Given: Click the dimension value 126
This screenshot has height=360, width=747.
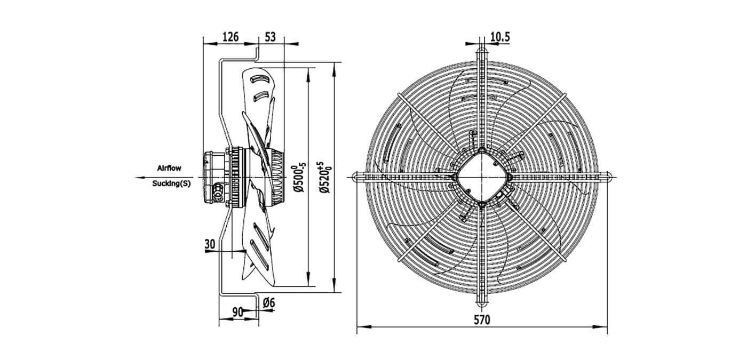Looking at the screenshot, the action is (231, 37).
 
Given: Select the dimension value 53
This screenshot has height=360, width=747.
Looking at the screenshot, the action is (270, 37).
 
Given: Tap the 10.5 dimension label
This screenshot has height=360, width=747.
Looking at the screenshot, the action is (500, 37).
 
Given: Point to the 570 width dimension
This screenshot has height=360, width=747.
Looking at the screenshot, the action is (482, 319).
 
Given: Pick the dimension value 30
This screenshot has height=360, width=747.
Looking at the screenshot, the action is (210, 244).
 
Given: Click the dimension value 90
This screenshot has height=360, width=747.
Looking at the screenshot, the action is (237, 313).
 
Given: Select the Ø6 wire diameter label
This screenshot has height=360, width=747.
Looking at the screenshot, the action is (269, 303).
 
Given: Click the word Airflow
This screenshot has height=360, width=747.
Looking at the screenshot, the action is (169, 168).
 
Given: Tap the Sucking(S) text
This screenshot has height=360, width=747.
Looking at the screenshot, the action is (171, 183).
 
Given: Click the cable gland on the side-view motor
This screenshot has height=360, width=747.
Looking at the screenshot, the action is (218, 192).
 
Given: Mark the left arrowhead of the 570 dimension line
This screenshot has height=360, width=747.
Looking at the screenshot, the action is (362, 326).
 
